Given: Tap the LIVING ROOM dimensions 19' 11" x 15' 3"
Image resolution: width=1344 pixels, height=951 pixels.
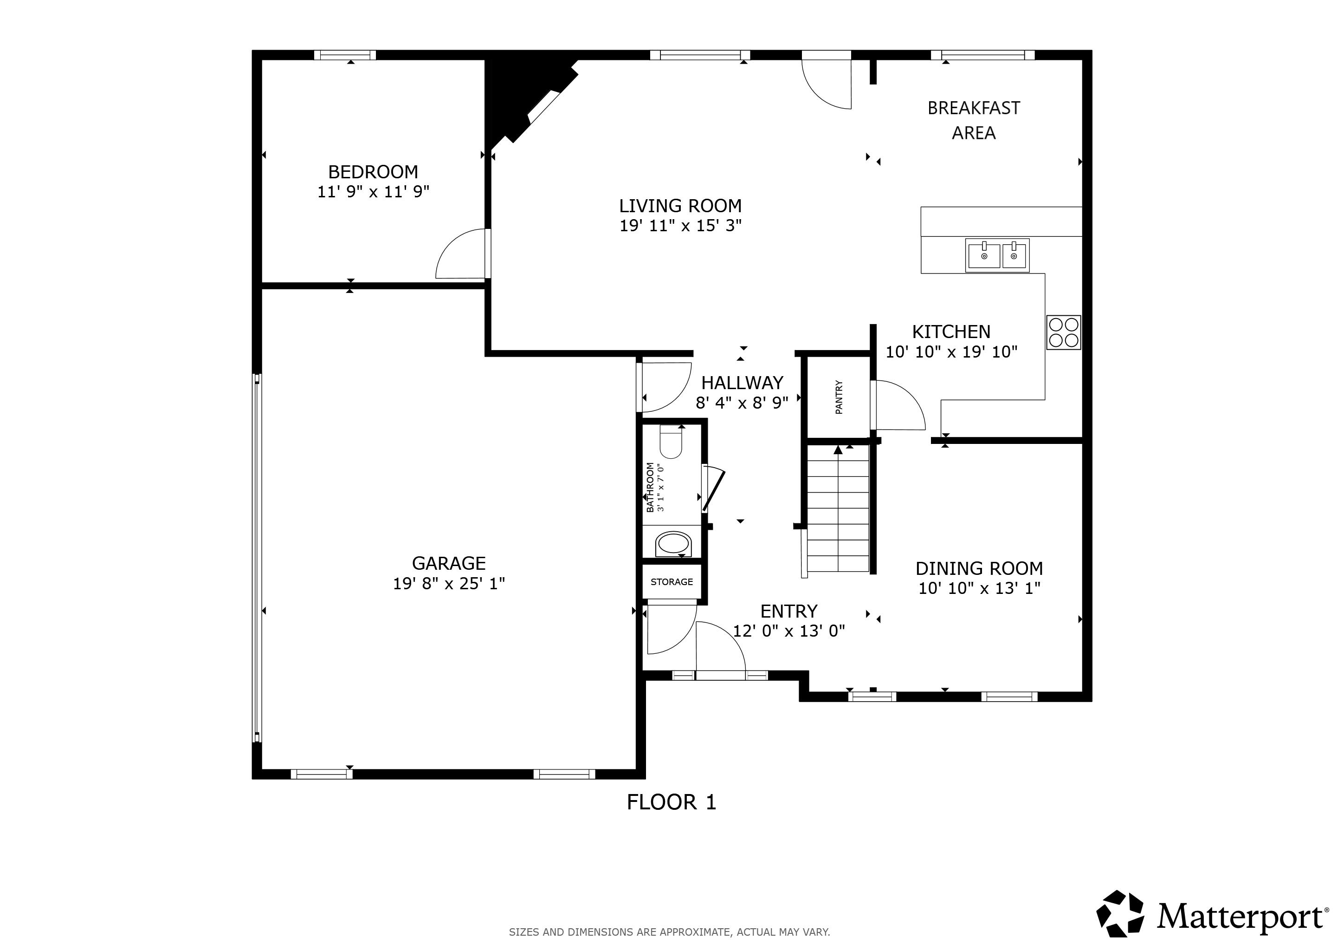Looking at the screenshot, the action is [681, 226].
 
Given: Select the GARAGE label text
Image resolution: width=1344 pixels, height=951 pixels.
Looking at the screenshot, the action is [449, 563].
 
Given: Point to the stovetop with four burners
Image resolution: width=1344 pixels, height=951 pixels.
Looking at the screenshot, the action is [1064, 332].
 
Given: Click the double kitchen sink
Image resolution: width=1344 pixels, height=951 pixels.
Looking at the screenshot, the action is [997, 255].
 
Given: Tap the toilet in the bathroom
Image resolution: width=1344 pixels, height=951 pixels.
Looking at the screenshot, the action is [671, 443].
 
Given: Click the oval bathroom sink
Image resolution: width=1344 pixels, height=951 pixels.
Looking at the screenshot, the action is [673, 545].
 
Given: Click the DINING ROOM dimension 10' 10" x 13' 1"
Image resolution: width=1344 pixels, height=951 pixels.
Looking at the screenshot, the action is [979, 588].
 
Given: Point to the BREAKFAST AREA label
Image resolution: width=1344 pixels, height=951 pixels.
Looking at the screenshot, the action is [974, 121].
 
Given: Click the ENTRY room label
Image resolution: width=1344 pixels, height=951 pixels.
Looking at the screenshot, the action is [789, 612].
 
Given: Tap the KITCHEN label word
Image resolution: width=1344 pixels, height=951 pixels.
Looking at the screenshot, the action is [951, 332].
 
